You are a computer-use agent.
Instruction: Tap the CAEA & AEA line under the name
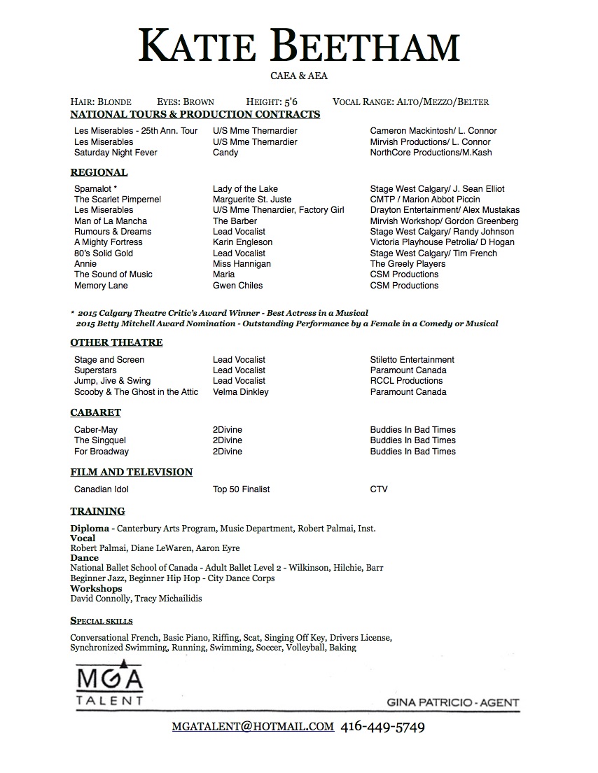point(299,76)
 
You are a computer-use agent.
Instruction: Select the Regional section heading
point(99,172)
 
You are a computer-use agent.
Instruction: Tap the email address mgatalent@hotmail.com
point(253,727)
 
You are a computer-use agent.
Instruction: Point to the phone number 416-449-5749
point(383,727)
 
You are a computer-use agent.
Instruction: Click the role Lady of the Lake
point(245,188)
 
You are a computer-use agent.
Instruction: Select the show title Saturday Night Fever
point(116,153)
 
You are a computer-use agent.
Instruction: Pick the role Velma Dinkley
point(240,392)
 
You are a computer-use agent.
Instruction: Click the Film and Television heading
point(131,472)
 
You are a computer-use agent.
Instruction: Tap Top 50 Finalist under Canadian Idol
point(241,489)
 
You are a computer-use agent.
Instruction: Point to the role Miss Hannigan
point(242,264)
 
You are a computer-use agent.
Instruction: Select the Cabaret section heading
point(95,412)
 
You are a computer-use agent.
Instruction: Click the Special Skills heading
point(102,621)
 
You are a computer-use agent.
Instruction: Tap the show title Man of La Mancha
point(111,221)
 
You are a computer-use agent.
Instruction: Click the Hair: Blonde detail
point(101,102)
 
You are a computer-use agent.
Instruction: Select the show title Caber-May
point(96,430)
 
